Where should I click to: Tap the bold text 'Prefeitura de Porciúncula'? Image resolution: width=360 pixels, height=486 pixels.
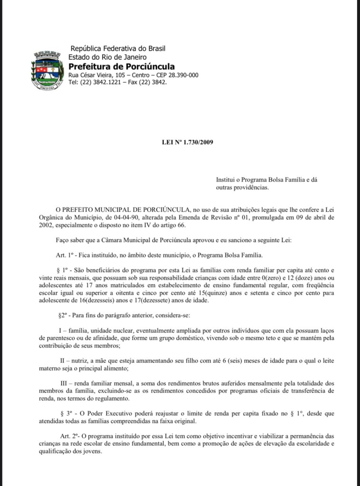point(121,66)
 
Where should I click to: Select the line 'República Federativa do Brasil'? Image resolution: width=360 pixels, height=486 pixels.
point(117,48)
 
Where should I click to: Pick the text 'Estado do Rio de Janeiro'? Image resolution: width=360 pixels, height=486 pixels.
point(107,57)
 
